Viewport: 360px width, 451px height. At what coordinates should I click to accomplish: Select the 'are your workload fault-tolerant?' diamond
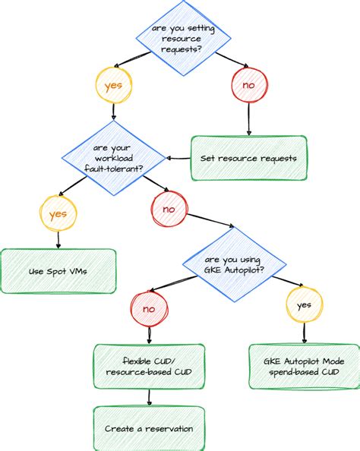pos(114,155)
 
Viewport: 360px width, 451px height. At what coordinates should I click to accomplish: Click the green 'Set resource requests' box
pos(249,158)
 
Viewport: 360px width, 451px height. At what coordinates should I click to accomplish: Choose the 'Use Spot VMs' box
pos(58,271)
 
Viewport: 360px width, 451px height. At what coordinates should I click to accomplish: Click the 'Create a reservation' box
pos(149,428)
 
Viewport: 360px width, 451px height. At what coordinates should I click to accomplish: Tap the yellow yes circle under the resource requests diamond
pos(113,85)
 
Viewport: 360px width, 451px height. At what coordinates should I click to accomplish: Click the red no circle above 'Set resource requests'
pos(248,85)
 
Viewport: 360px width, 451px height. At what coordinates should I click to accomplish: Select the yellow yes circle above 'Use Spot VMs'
pos(58,214)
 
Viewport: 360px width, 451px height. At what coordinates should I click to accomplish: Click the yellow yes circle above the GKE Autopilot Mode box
pos(304,305)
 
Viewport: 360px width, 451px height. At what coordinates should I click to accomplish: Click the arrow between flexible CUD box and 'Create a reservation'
pos(149,397)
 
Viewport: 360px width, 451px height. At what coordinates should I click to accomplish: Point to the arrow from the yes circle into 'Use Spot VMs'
pos(58,240)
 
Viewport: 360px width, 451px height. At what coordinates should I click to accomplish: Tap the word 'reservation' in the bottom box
pos(167,428)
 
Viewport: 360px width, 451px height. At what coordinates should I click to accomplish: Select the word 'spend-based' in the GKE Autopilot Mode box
pos(288,372)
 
